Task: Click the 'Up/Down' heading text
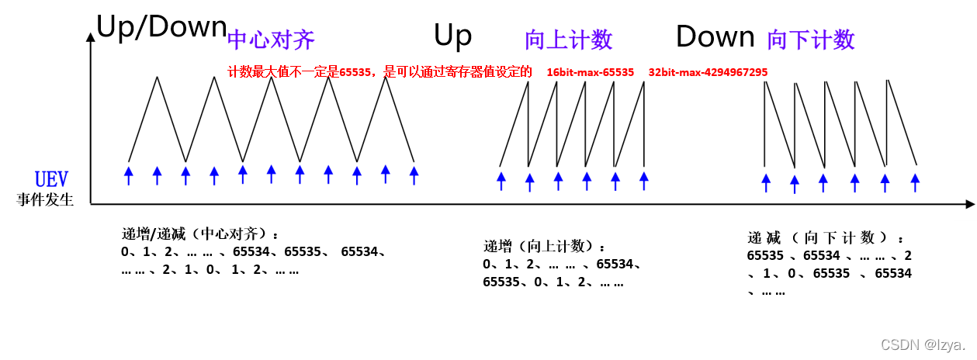click(x=161, y=28)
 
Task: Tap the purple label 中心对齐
click(x=271, y=40)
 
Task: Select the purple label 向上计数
click(x=568, y=40)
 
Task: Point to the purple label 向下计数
click(x=810, y=40)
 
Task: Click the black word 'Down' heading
click(x=715, y=36)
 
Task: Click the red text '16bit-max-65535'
click(x=590, y=72)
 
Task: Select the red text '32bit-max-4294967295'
click(x=708, y=72)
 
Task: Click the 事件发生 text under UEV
click(x=45, y=199)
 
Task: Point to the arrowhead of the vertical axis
click(x=91, y=37)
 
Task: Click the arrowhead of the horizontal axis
click(x=969, y=204)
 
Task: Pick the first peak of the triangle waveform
click(x=158, y=77)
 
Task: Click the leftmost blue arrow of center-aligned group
click(x=129, y=174)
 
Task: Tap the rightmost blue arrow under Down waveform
click(x=915, y=182)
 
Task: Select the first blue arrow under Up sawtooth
click(x=501, y=180)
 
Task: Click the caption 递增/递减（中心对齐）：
click(x=200, y=234)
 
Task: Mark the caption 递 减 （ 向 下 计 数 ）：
click(x=826, y=237)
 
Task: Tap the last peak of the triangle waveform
click(x=385, y=77)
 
